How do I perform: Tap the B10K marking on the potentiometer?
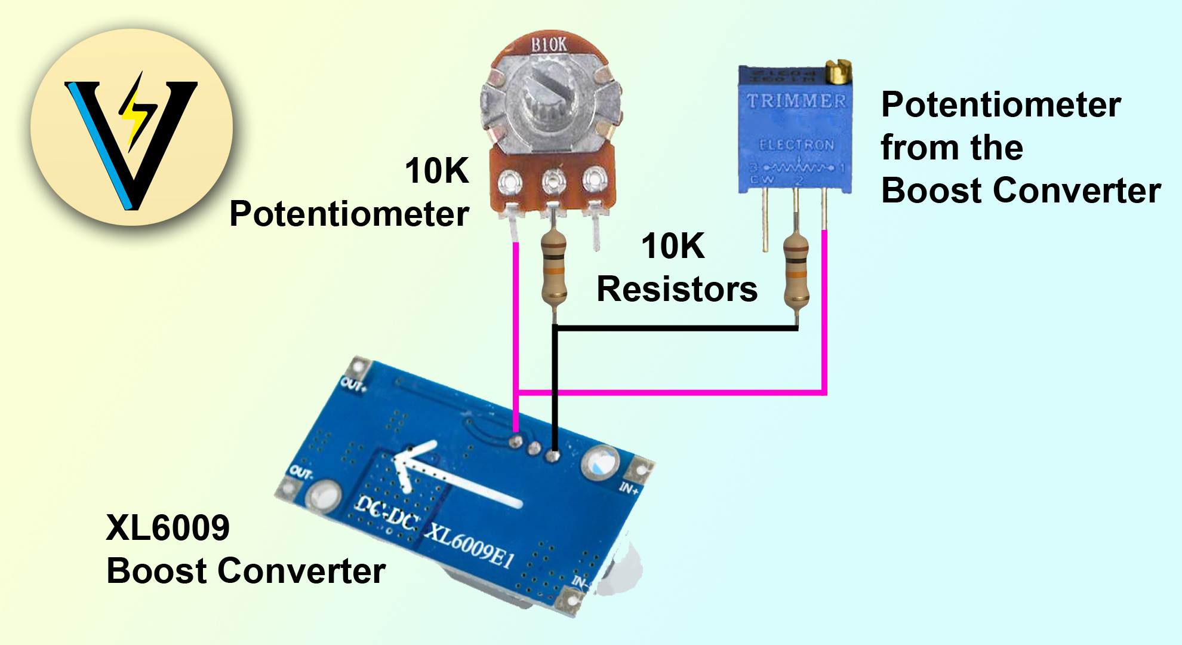549,45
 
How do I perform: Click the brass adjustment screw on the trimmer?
838,72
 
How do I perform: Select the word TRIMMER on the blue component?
796,101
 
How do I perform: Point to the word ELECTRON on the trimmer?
796,145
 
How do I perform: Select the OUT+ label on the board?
354,385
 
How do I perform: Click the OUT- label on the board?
301,473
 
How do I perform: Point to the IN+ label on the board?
628,489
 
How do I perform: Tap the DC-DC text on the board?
387,513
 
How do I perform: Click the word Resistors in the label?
677,290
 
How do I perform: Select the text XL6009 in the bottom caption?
168,528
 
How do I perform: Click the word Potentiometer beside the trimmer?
1001,106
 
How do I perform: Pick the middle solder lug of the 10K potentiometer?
554,180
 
